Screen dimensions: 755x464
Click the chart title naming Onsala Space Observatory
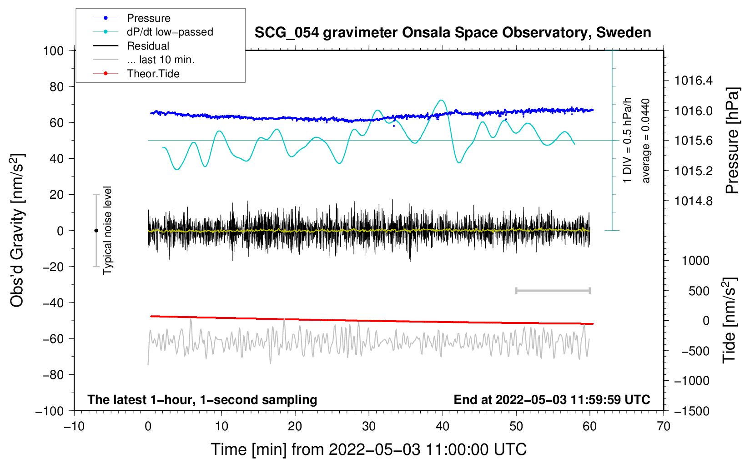pyautogui.click(x=453, y=33)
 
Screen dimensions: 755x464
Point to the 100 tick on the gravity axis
pyautogui.click(x=54, y=51)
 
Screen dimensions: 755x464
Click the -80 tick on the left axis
pyautogui.click(x=53, y=375)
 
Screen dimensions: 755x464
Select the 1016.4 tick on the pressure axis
pyautogui.click(x=693, y=81)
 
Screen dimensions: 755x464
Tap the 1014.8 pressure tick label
pyautogui.click(x=693, y=201)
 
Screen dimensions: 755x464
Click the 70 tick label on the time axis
pyautogui.click(x=663, y=426)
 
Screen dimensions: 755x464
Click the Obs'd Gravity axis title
pyautogui.click(x=17, y=230)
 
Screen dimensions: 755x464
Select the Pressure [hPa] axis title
pyautogui.click(x=732, y=141)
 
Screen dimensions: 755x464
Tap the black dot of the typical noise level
pyautogui.click(x=96, y=231)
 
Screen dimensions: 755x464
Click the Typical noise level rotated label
pyautogui.click(x=107, y=230)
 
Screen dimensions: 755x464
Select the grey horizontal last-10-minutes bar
pyautogui.click(x=553, y=290)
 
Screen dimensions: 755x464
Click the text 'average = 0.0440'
pyautogui.click(x=645, y=141)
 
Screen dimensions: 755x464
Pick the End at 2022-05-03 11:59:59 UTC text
pyautogui.click(x=552, y=399)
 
